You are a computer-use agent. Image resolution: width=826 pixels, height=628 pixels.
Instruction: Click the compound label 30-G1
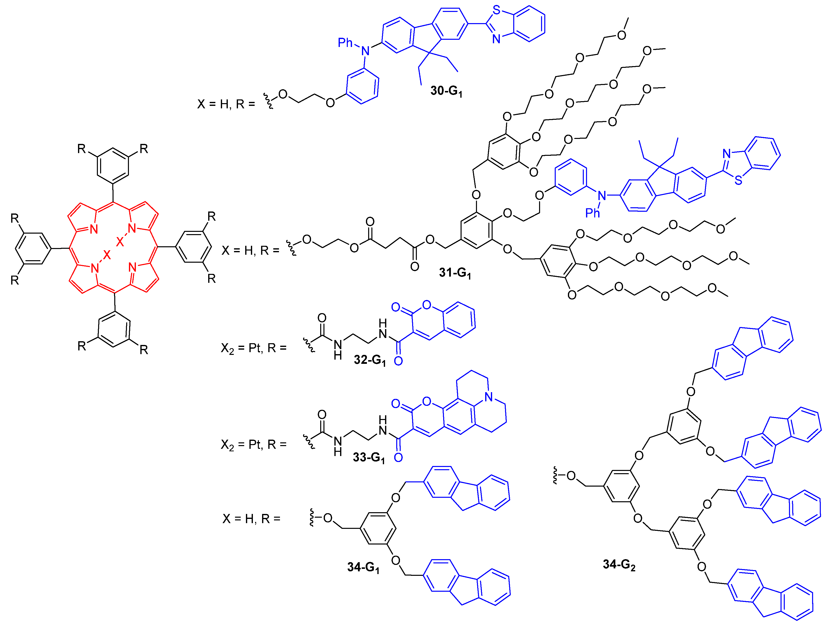coord(446,91)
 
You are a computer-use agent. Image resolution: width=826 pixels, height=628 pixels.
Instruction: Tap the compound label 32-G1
coord(369,360)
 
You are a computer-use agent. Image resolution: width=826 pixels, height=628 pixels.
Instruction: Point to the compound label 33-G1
coord(369,457)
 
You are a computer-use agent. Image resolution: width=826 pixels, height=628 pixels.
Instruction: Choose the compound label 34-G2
coord(619,564)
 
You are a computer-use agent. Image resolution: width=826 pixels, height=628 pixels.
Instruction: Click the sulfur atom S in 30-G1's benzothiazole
coord(496,10)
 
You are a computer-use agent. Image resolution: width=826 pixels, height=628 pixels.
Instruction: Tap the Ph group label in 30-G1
coord(345,42)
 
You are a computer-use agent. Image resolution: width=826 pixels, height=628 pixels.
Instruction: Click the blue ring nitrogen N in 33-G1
coord(489,397)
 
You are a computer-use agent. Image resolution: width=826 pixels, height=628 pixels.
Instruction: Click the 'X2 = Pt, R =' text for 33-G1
coord(254,444)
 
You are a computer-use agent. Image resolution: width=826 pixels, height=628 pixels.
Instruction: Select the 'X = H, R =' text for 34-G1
coord(251,519)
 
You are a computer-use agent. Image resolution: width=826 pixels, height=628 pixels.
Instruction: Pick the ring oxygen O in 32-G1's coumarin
coord(426,306)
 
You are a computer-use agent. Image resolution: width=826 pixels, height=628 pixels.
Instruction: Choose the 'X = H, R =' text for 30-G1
coord(226,104)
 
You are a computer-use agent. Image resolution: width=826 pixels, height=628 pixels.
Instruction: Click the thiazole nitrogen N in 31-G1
coord(726,154)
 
